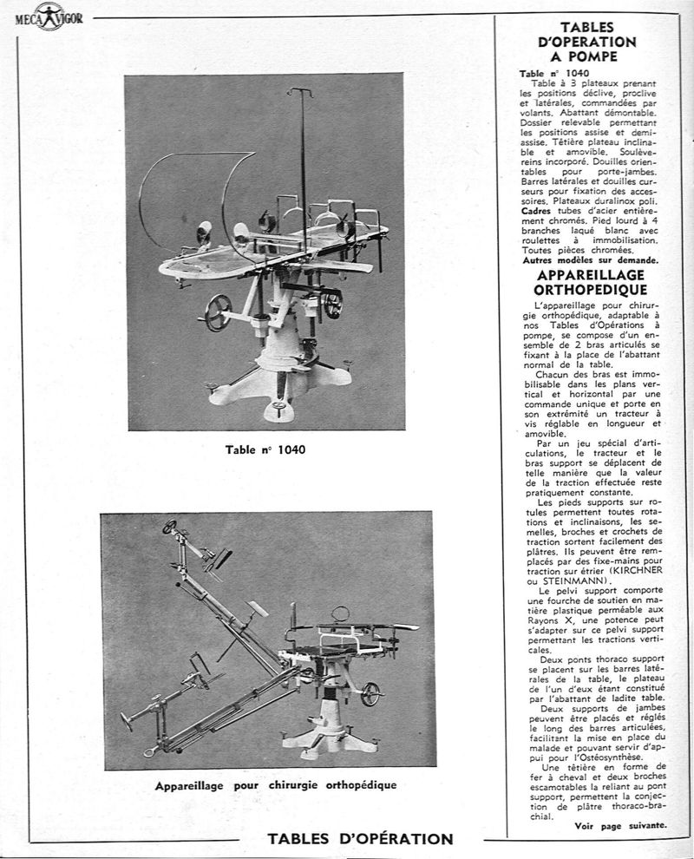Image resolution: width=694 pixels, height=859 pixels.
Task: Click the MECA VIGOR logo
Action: pos(49,16)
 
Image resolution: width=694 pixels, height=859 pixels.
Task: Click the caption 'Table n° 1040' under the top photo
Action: pos(265,450)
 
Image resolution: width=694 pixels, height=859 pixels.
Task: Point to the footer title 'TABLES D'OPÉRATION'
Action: pos(360,839)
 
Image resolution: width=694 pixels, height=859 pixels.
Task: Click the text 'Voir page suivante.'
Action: pos(620,825)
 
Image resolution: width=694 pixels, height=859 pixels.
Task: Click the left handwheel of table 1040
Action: pos(218,312)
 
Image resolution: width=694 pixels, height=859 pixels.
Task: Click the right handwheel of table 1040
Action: pos(332,304)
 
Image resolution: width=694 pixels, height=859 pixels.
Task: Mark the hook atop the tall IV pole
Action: pos(300,91)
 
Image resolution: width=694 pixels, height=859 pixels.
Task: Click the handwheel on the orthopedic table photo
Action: pos(372,693)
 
